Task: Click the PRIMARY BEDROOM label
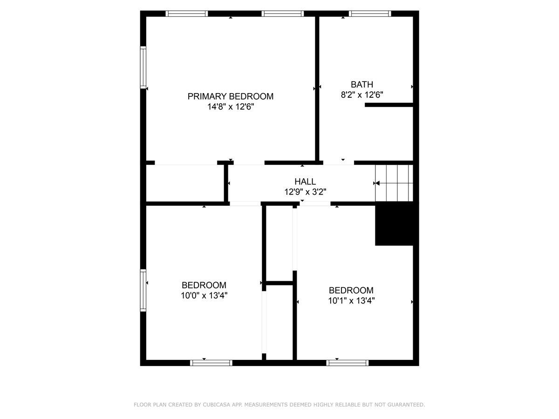pos(231,96)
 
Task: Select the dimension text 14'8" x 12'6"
pos(231,107)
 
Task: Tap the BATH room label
pos(362,84)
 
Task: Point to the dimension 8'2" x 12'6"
pos(362,95)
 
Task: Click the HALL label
pos(305,182)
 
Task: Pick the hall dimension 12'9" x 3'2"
pos(305,191)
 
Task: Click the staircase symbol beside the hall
pos(395,183)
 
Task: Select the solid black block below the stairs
pos(395,225)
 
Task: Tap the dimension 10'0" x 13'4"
pos(204,295)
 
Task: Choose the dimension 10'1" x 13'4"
pos(351,300)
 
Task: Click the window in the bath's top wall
pos(370,14)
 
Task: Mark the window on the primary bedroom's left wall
pos(143,68)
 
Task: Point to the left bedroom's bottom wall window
pos(211,363)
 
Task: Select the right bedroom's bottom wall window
pos(348,363)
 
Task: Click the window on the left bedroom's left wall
pos(143,290)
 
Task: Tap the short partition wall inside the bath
pos(389,105)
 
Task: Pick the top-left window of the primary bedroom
pos(187,14)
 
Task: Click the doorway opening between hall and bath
pos(339,163)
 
